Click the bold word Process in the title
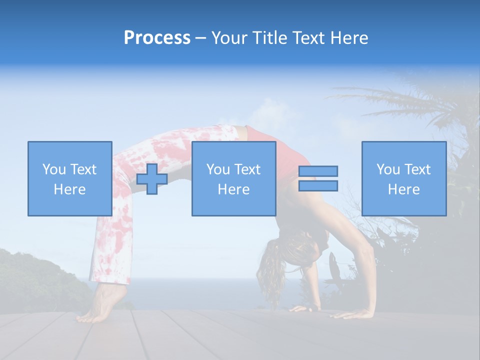[157, 38]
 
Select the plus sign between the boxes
[152, 178]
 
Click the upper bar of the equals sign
[318, 171]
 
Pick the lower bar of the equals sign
[318, 185]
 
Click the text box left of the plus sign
[69, 178]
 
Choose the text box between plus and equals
[233, 178]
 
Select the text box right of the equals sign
[403, 178]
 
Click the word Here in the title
[350, 38]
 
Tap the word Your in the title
[229, 38]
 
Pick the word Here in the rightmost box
[403, 189]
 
